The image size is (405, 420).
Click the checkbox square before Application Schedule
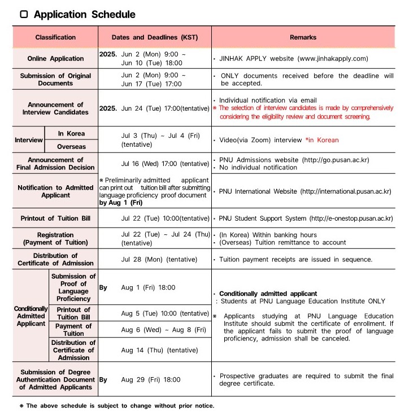[x=24, y=15]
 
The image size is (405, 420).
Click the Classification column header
[x=55, y=37]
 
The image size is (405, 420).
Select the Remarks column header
[x=303, y=37]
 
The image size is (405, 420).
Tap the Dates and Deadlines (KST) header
[x=155, y=37]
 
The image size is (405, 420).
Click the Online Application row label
[x=55, y=59]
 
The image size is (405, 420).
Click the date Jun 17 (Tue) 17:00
[x=151, y=84]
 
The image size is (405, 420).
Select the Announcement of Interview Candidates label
[x=55, y=108]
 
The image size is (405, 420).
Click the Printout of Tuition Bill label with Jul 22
[x=55, y=218]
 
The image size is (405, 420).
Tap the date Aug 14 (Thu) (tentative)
[x=159, y=350]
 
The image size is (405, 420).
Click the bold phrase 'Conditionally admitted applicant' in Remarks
[x=268, y=294]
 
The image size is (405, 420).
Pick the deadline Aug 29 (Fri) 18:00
[x=151, y=380]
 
